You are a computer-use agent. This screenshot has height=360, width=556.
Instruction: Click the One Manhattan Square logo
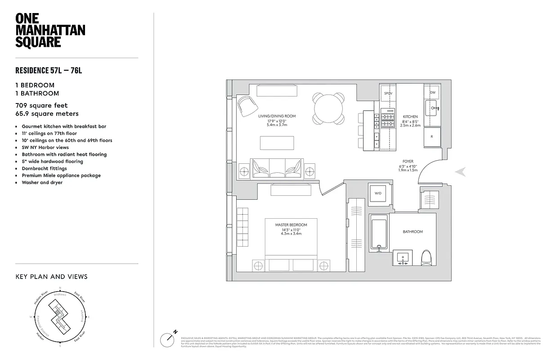(50, 30)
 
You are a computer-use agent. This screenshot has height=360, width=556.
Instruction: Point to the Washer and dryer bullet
(42, 183)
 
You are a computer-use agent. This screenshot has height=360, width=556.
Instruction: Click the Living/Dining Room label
(277, 116)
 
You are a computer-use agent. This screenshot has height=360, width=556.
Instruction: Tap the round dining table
(329, 108)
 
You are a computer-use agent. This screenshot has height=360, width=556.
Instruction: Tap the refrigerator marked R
(432, 136)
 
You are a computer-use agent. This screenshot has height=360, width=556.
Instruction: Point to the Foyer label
(408, 161)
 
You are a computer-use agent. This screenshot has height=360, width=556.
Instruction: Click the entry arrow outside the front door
(461, 172)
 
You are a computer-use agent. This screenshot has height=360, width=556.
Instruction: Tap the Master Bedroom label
(291, 225)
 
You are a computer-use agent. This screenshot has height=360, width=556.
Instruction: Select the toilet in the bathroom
(426, 258)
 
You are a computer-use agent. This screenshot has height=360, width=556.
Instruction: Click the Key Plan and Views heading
(51, 277)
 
